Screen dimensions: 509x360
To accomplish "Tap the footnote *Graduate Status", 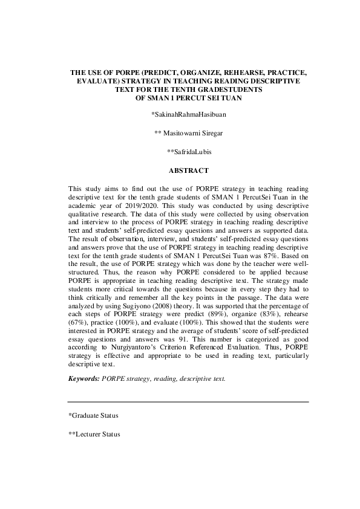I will pyautogui.click(x=93, y=415).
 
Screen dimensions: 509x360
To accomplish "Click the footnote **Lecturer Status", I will pyautogui.click(x=94, y=434).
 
